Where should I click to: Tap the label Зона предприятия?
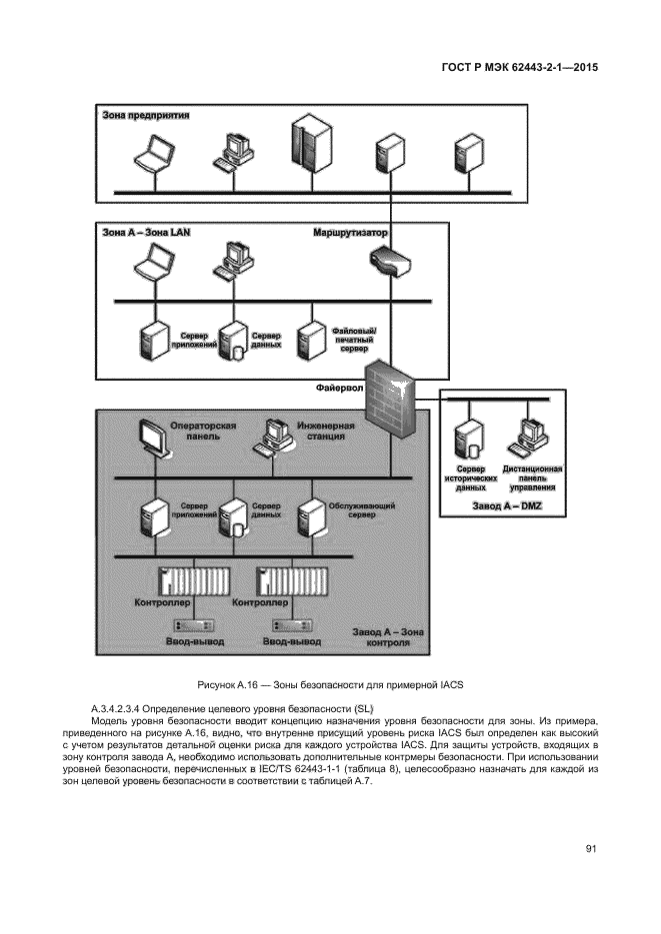[146, 115]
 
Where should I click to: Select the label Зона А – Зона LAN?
[146, 233]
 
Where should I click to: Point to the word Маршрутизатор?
[351, 233]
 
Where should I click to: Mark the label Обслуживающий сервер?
[361, 510]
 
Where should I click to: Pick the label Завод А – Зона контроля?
[383, 637]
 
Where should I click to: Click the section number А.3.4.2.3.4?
[127, 707]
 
